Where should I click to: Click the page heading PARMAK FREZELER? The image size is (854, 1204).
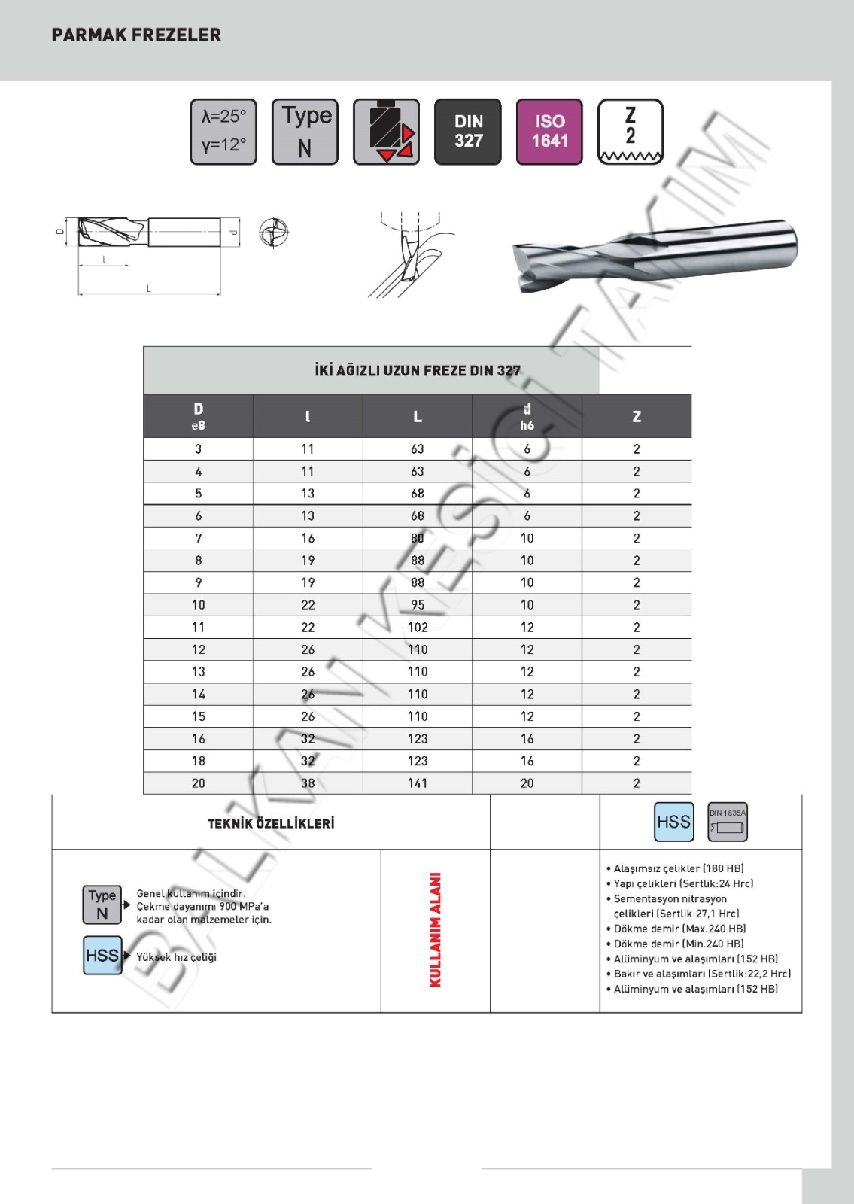pyautogui.click(x=136, y=35)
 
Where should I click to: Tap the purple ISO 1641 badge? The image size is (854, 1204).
pyautogui.click(x=549, y=131)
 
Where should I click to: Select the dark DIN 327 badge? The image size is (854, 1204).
pyautogui.click(x=468, y=131)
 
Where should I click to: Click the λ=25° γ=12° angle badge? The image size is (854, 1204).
pyautogui.click(x=223, y=131)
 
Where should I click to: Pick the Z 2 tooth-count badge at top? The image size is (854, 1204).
pyautogui.click(x=631, y=131)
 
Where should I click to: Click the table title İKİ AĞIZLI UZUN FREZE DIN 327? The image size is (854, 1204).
pyautogui.click(x=418, y=370)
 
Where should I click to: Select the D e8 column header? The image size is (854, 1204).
pyautogui.click(x=198, y=415)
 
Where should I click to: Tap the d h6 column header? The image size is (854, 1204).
pyautogui.click(x=527, y=415)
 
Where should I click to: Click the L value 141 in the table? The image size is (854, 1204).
pyautogui.click(x=418, y=783)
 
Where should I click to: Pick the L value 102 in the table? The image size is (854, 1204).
pyautogui.click(x=418, y=627)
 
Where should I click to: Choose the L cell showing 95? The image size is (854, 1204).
pyautogui.click(x=418, y=605)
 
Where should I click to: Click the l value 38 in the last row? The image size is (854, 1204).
pyautogui.click(x=308, y=783)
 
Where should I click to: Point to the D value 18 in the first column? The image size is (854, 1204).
pyautogui.click(x=198, y=761)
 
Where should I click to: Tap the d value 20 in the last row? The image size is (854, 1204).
pyautogui.click(x=527, y=783)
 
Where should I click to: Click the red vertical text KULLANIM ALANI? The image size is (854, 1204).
pyautogui.click(x=435, y=930)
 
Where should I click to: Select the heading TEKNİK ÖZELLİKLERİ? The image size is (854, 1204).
pyautogui.click(x=271, y=823)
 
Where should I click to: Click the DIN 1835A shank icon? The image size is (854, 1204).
pyautogui.click(x=728, y=822)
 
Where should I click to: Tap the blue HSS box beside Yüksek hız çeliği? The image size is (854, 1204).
pyautogui.click(x=102, y=956)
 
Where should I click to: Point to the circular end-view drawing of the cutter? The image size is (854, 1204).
pyautogui.click(x=273, y=232)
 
